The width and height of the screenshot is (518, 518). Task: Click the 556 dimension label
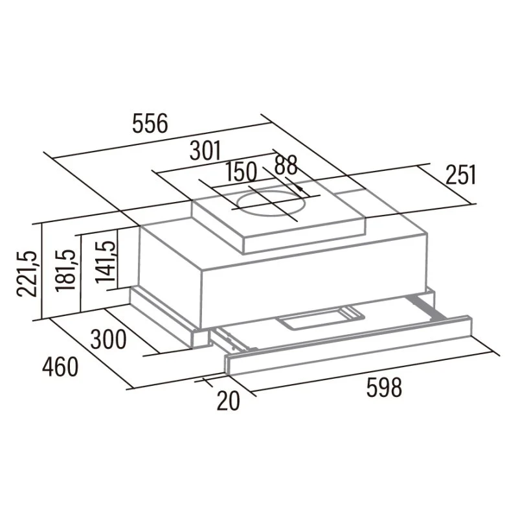[x=150, y=123]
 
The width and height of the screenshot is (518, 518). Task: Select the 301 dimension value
[x=205, y=151]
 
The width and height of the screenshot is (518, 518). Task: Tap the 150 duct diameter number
[x=241, y=172]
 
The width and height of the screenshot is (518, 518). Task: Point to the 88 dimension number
[x=286, y=165]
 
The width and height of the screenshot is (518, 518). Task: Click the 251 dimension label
[x=460, y=175]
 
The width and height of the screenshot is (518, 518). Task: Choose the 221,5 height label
[x=27, y=273]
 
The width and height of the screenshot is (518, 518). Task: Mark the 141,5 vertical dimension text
[x=106, y=261]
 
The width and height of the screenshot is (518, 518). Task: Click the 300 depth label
[x=108, y=339]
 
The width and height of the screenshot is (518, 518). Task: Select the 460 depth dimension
[x=60, y=367]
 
